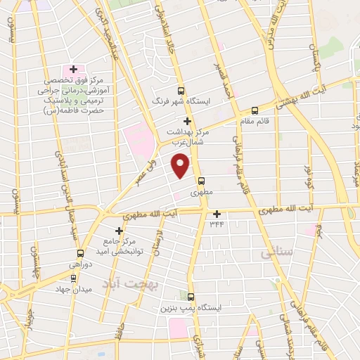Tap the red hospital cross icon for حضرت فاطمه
[73, 70]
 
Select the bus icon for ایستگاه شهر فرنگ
[181, 91]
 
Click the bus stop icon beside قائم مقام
[255, 110]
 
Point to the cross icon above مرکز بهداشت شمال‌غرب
[186, 121]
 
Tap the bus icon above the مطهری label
[202, 180]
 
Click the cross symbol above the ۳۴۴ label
[217, 214]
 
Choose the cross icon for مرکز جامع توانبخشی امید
[119, 231]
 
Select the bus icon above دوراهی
[80, 253]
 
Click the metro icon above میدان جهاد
[74, 277]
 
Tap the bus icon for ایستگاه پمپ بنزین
[191, 297]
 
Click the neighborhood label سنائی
[275, 253]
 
